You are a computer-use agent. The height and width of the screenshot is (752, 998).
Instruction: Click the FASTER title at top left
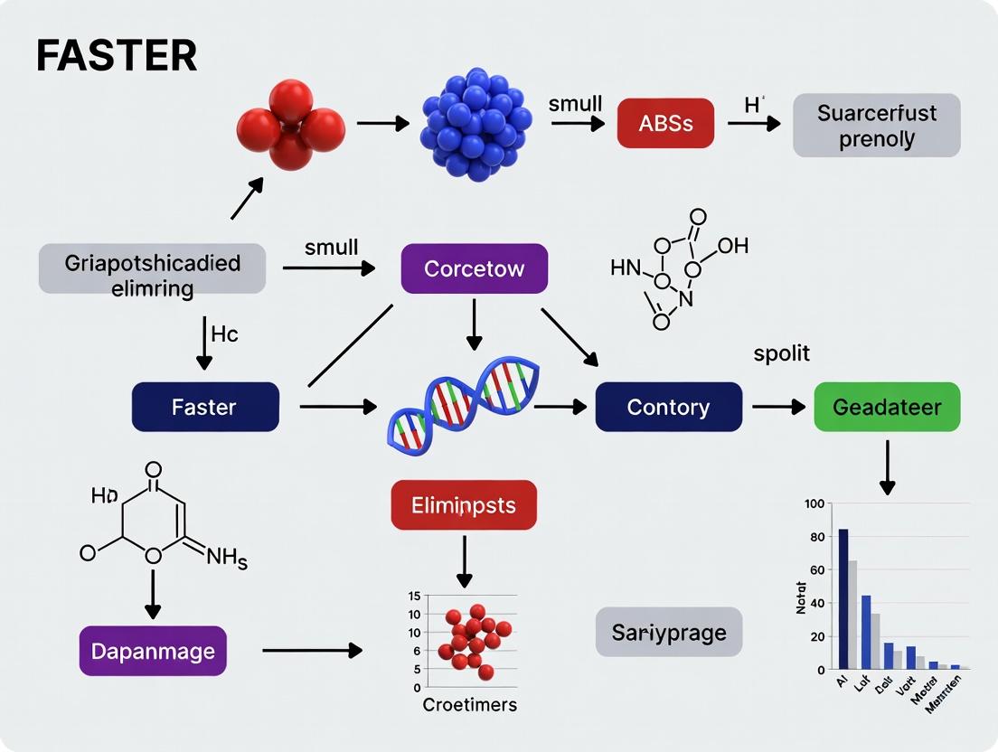click(116, 56)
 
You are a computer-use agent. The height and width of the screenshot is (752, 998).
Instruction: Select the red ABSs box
click(665, 123)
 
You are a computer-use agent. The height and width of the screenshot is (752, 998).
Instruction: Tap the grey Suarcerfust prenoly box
click(876, 126)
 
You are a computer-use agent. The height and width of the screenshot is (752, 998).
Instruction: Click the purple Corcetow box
click(474, 268)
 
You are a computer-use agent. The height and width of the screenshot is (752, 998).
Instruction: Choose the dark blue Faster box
click(204, 407)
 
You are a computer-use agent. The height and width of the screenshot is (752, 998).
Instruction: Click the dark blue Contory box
click(668, 407)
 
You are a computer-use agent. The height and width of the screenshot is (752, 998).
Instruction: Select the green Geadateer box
click(886, 407)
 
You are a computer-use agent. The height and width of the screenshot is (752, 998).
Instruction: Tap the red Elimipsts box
click(463, 504)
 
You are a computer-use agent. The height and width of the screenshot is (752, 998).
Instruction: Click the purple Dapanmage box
click(152, 651)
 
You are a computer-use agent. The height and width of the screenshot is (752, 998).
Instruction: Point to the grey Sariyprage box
click(668, 632)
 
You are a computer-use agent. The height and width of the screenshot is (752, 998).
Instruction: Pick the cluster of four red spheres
click(290, 123)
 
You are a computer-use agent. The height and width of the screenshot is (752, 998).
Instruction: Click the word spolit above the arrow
click(781, 353)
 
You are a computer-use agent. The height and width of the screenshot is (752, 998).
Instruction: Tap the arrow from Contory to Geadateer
click(777, 407)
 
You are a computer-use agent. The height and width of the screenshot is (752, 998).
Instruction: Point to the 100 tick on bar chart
click(814, 503)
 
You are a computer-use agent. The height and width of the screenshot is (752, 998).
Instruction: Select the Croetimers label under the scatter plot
click(469, 705)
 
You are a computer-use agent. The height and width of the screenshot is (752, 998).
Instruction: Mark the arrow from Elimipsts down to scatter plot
click(464, 562)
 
